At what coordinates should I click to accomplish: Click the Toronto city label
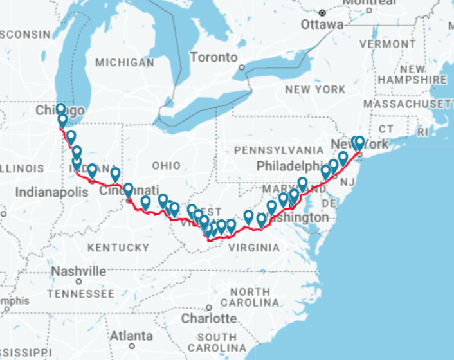pyautogui.click(x=213, y=57)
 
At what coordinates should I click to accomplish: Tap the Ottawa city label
pyautogui.click(x=322, y=24)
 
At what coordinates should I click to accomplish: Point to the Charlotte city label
pyautogui.click(x=208, y=318)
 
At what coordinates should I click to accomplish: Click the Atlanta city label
pyautogui.click(x=131, y=336)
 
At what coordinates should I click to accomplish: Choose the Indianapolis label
pyautogui.click(x=51, y=192)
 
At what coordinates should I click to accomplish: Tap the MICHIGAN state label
pyautogui.click(x=125, y=63)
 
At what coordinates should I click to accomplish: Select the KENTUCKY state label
pyautogui.click(x=118, y=247)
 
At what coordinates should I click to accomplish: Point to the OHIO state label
pyautogui.click(x=167, y=166)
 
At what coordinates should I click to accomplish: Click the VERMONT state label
pyautogui.click(x=388, y=44)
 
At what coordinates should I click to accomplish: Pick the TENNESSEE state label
pyautogui.click(x=80, y=293)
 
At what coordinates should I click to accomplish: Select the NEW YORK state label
pyautogui.click(x=315, y=89)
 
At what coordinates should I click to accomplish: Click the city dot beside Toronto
pyautogui.click(x=242, y=67)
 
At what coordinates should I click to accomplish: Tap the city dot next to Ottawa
pyautogui.click(x=322, y=13)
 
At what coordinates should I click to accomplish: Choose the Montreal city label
pyautogui.click(x=369, y=3)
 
